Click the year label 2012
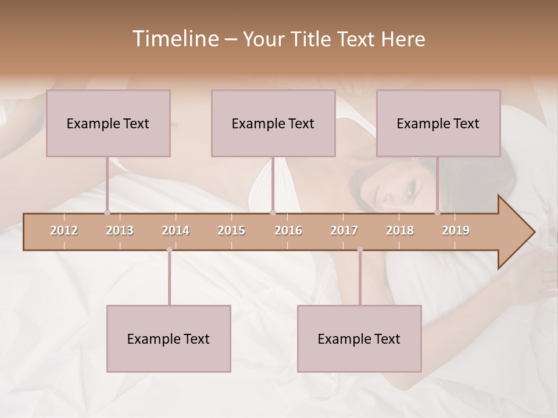[64, 230]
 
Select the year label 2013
[120, 230]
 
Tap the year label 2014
[176, 230]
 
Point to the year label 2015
[231, 230]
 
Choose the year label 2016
[288, 230]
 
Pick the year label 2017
[344, 230]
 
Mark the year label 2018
[400, 230]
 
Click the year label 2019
[456, 230]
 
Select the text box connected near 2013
[108, 123]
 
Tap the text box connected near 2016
[273, 123]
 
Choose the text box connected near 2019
[438, 123]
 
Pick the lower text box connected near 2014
[169, 338]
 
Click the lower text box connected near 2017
[359, 338]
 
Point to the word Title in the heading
[313, 39]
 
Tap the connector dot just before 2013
[107, 212]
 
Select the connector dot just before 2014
[169, 250]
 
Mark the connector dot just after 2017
[360, 250]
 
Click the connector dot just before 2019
[437, 212]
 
